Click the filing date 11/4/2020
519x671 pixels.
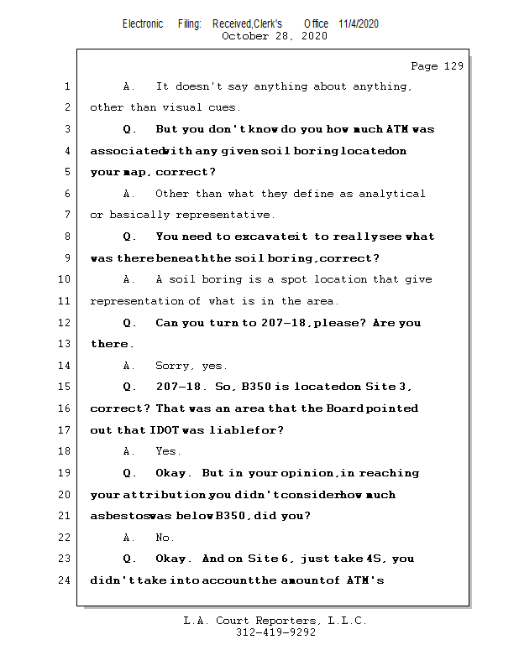(x=359, y=23)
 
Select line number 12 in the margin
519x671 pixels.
(x=66, y=323)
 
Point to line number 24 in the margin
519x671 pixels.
(x=66, y=580)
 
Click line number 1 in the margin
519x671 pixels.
(x=66, y=86)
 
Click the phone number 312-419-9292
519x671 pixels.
(x=276, y=632)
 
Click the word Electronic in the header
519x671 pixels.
(x=143, y=23)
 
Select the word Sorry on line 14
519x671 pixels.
(x=173, y=366)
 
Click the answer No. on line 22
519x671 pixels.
(x=165, y=538)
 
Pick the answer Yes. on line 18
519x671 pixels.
(x=168, y=451)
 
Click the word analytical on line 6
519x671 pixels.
(x=392, y=194)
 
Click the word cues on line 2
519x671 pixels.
(x=223, y=108)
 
